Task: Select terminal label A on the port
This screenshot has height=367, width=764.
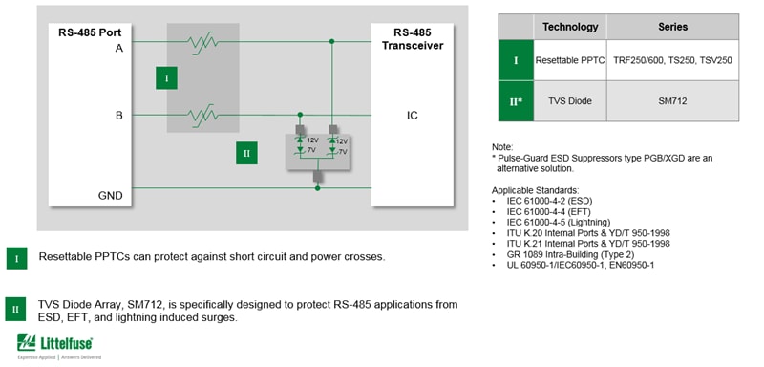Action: coord(118,47)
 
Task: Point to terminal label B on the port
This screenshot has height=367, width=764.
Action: coord(118,116)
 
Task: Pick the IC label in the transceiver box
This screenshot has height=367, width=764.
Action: coord(412,116)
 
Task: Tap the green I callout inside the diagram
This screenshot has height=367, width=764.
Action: coord(166,78)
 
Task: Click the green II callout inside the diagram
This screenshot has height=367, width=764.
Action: coord(245,152)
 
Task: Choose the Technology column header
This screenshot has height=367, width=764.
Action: coord(570,27)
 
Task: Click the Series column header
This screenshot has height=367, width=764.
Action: coord(672,27)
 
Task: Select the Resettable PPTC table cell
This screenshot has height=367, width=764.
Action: coord(570,60)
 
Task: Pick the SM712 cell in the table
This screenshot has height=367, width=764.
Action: coord(672,100)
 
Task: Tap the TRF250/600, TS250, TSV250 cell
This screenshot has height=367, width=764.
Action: coord(672,60)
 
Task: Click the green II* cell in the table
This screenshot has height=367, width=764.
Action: coord(516,100)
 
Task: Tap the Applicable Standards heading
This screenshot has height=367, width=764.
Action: coord(535,190)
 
